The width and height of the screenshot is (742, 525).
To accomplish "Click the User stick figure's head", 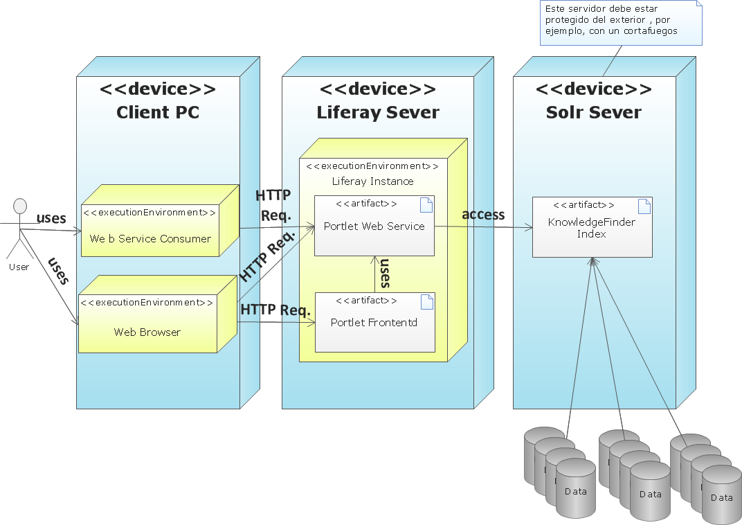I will [20, 206].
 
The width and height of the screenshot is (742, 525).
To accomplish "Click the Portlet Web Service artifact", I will [374, 226].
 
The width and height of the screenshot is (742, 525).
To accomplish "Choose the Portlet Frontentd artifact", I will [374, 322].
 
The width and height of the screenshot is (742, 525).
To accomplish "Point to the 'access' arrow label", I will [483, 215].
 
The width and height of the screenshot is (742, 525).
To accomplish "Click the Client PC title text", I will [158, 112].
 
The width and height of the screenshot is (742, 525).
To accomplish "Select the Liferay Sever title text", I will [378, 112].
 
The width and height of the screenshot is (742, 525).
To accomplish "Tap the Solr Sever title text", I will [594, 112].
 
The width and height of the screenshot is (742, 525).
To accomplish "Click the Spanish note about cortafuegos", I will [620, 21].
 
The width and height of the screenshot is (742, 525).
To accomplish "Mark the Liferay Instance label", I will [372, 181].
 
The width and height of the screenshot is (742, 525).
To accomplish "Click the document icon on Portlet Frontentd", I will [426, 301].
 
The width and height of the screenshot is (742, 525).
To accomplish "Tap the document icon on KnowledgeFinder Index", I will [644, 206].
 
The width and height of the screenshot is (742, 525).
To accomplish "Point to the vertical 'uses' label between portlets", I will [385, 273].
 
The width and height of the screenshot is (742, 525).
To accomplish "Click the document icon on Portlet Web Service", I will [426, 204].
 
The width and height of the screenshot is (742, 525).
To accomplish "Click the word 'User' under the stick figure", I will [19, 267].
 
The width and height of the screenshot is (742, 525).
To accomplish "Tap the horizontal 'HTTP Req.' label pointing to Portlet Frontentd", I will [275, 310].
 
